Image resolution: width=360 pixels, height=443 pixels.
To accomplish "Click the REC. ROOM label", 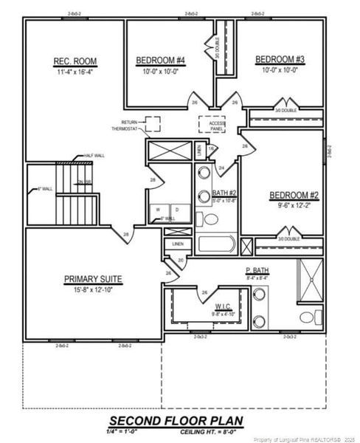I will [x=75, y=61].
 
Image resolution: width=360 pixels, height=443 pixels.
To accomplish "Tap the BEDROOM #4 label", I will [x=161, y=61].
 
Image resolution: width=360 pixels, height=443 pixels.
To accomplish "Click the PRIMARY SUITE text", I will [x=92, y=279].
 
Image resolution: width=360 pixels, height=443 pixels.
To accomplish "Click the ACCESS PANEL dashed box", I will [x=216, y=126].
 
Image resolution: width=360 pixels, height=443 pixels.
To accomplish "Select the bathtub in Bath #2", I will [x=215, y=244].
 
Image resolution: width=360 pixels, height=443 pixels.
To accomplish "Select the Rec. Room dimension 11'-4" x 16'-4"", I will [x=75, y=73].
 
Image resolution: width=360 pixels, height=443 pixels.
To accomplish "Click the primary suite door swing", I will [x=170, y=275].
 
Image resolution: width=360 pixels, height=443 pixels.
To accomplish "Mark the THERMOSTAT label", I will [x=124, y=128].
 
